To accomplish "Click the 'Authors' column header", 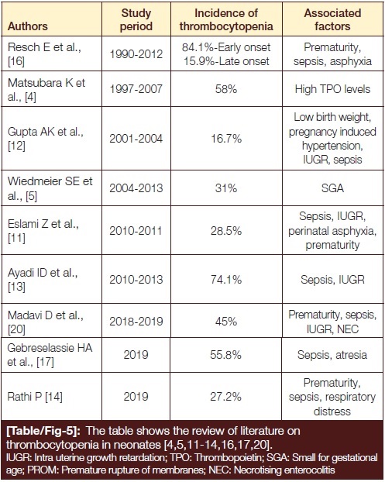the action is click(28, 26).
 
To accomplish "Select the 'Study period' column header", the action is click(136, 19).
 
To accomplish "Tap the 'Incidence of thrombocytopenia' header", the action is click(226, 19).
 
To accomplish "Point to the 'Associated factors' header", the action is click(332, 19).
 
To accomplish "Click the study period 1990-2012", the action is click(136, 54).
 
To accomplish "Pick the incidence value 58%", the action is click(226, 89).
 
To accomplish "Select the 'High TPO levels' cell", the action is click(332, 89).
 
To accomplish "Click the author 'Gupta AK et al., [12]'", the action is click(46, 139).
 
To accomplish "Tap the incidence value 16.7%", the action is click(226, 139).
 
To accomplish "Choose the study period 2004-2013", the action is click(136, 188).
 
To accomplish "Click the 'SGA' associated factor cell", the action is click(332, 188).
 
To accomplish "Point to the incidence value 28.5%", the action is click(226, 231).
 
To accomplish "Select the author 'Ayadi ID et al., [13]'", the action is click(43, 280).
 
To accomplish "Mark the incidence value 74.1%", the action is click(226, 280).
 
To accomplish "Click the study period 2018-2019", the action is click(136, 322).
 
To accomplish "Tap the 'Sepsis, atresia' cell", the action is click(332, 355).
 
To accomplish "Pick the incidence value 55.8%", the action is click(226, 355).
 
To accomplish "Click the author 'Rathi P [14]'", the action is click(35, 397).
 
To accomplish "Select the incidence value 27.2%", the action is click(226, 397).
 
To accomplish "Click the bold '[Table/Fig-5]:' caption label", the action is click(43, 431).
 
